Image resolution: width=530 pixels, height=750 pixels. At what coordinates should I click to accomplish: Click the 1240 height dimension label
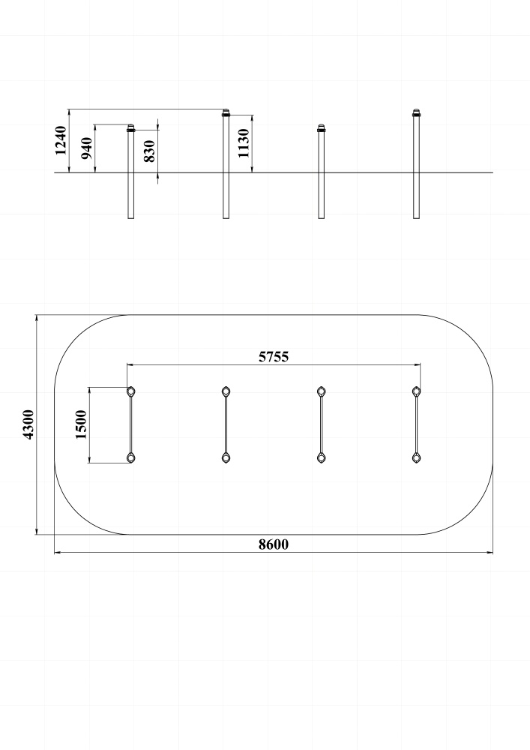[61, 141]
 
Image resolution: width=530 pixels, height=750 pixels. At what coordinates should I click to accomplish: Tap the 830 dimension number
[150, 151]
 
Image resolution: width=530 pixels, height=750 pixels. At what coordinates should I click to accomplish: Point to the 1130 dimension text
[244, 143]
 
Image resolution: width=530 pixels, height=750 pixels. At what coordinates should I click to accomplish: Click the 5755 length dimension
[274, 357]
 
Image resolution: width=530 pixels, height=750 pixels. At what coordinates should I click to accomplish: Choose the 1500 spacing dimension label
[81, 424]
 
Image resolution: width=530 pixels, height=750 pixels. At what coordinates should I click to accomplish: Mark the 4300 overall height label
[28, 424]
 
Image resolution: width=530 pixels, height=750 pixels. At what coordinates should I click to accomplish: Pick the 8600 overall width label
[274, 544]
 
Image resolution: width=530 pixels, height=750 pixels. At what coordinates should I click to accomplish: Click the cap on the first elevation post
[131, 128]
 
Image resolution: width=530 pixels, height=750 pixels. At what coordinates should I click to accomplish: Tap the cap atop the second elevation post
[226, 113]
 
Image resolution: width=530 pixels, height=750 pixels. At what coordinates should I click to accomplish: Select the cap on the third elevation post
[322, 128]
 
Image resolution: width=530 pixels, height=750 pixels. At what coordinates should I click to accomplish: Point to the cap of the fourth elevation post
[417, 113]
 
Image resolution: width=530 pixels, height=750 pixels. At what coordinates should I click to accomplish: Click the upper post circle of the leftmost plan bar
[131, 391]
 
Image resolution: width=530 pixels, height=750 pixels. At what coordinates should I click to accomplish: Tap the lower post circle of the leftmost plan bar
[131, 458]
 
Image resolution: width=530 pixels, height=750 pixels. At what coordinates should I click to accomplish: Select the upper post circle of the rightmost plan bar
[417, 391]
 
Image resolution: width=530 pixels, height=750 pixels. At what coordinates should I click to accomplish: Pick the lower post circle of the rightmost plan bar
[417, 458]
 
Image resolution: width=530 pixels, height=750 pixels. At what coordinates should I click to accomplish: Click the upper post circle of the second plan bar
[226, 391]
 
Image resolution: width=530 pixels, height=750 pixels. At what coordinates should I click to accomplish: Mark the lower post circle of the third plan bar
[322, 458]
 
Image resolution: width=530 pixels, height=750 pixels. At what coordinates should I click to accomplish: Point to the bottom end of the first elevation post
[131, 218]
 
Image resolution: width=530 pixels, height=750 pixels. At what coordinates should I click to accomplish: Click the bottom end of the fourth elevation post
[417, 218]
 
